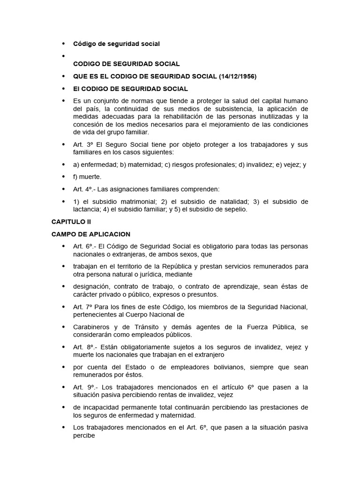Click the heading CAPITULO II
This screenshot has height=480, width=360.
point(71,222)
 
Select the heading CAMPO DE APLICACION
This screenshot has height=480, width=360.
point(91,234)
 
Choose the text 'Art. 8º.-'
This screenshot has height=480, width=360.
point(86,347)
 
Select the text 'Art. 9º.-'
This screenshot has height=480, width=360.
point(86,388)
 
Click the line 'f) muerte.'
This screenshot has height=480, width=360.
point(87,177)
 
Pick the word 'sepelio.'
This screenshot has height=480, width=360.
point(235,210)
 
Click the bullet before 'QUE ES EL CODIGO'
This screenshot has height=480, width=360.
point(64,76)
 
